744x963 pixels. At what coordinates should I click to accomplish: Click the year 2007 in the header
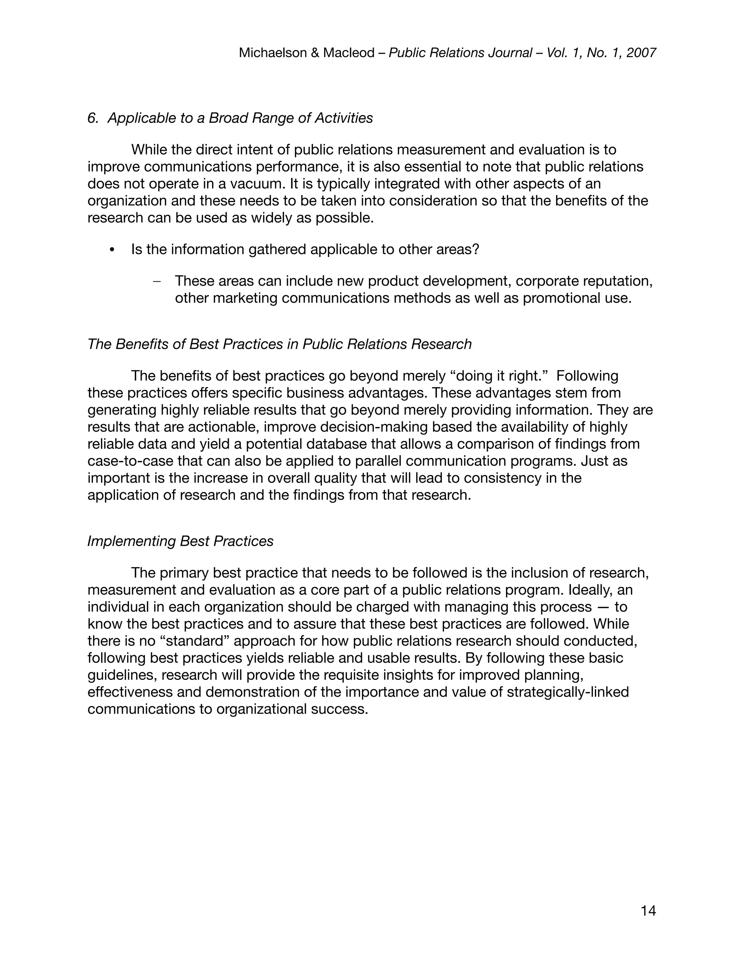pyautogui.click(x=641, y=53)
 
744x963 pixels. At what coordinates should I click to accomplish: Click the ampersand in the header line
pyautogui.click(x=315, y=53)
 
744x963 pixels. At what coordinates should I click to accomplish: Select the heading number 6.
pyautogui.click(x=93, y=118)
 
